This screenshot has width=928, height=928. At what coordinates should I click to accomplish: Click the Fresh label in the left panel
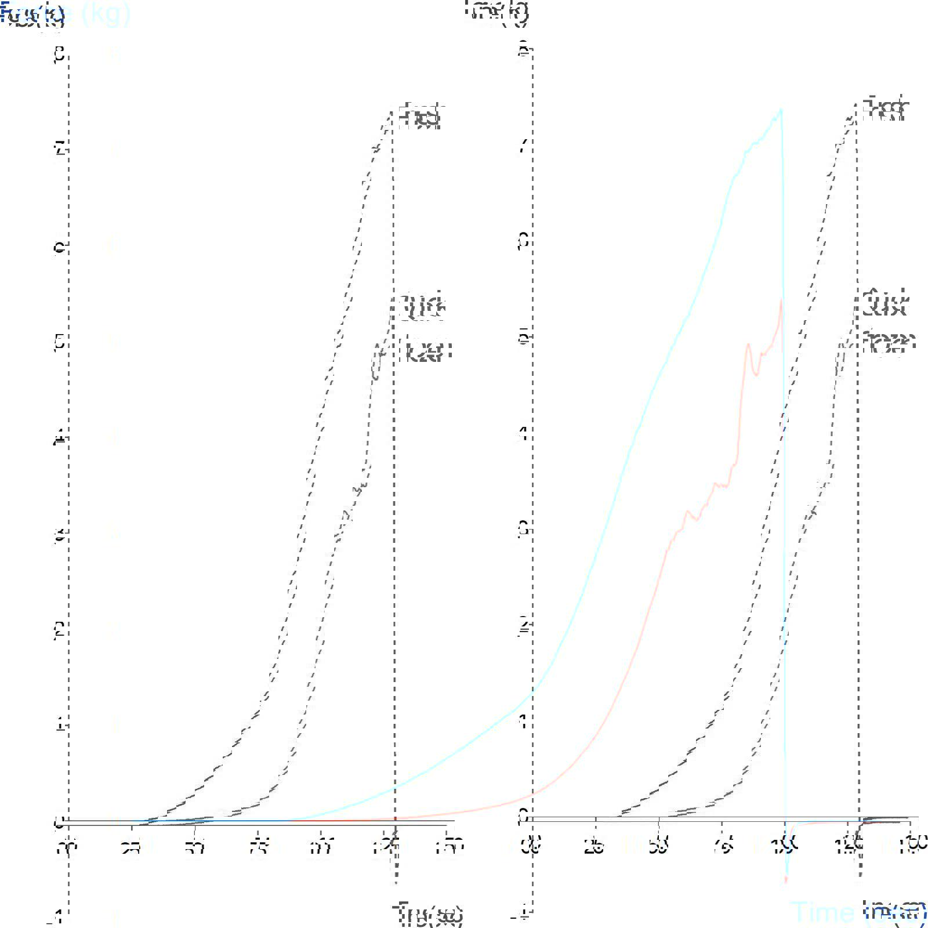[x=420, y=117]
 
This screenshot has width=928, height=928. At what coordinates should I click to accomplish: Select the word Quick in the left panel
[x=423, y=307]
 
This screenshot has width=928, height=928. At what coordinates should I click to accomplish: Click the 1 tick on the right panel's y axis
[x=523, y=722]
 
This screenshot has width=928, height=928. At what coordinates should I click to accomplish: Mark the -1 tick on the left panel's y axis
[x=57, y=916]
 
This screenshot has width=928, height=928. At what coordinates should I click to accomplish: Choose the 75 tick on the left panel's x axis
[x=258, y=848]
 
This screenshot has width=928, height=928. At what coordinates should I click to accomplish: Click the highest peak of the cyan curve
[x=781, y=109]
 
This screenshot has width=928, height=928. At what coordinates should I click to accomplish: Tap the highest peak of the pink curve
[x=781, y=300]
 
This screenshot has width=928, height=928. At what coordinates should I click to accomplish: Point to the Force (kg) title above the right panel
[x=497, y=12]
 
